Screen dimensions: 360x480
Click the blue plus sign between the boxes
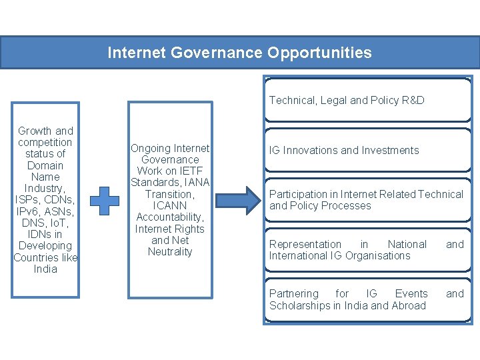105,201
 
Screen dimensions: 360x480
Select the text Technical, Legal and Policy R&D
347,101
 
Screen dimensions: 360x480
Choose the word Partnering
293,294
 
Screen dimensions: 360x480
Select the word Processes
346,206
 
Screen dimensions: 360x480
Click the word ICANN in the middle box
170,206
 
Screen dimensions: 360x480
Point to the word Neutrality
170,252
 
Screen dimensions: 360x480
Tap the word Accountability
169,217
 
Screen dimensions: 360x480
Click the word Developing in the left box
45,246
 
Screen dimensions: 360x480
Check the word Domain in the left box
45,166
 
